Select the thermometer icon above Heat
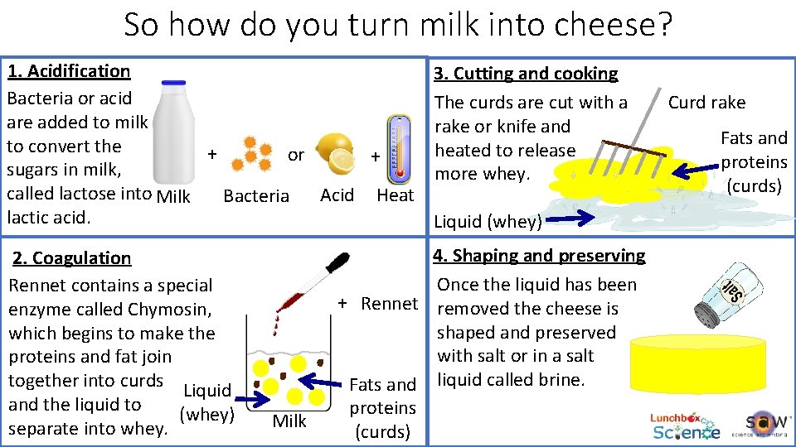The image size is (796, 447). click(x=399, y=149)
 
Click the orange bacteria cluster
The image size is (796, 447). click(x=250, y=153)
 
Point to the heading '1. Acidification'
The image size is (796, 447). click(x=69, y=71)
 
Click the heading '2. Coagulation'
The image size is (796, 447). click(x=71, y=258)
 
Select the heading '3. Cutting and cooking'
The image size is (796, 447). click(x=527, y=74)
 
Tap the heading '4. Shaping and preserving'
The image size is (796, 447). click(x=539, y=256)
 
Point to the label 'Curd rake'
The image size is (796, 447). click(x=706, y=103)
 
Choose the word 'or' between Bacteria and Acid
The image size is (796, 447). click(x=295, y=155)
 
